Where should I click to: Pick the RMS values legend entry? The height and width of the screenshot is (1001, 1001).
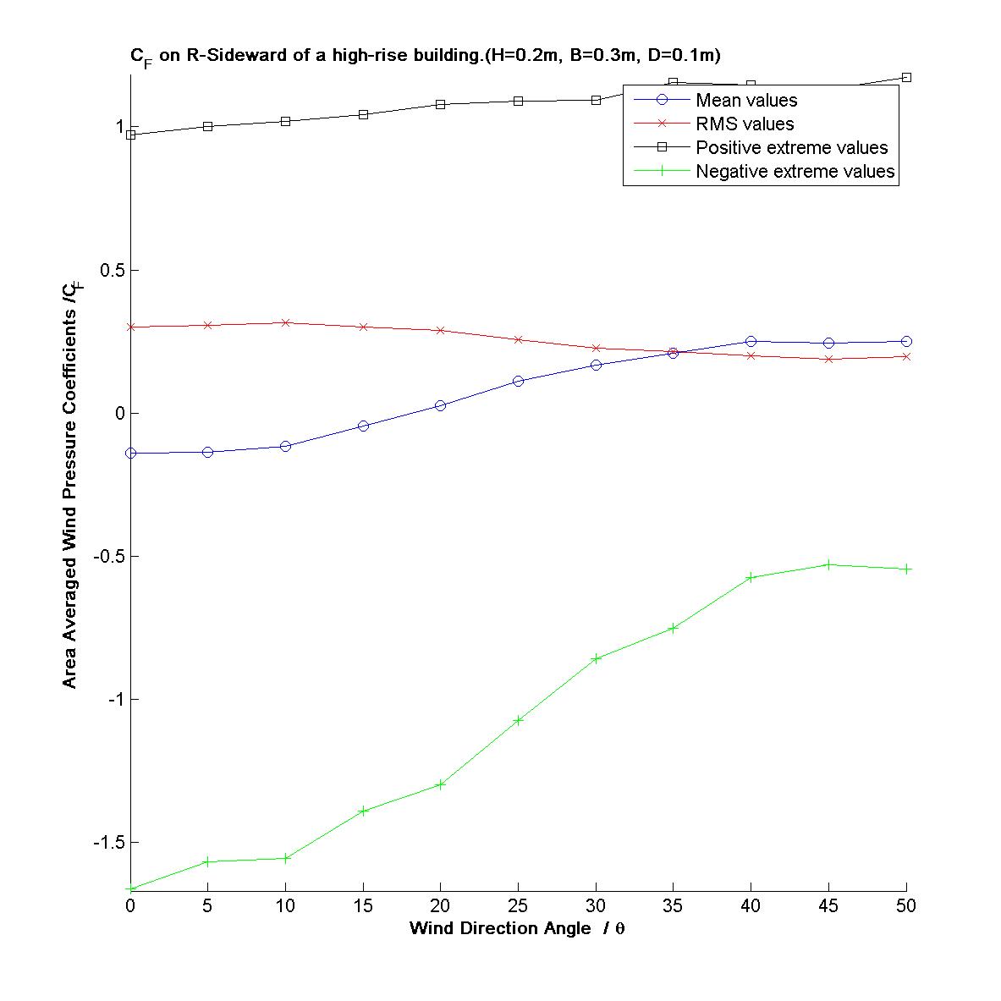click(745, 124)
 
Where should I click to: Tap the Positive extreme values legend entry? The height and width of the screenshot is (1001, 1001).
click(791, 148)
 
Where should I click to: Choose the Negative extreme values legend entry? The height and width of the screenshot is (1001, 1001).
click(795, 172)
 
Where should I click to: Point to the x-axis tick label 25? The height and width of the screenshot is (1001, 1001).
click(518, 906)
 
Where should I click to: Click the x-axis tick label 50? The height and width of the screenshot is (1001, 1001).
click(905, 906)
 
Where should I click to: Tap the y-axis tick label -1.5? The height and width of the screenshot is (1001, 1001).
click(108, 843)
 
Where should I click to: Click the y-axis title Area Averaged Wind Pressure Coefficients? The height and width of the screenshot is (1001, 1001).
click(72, 474)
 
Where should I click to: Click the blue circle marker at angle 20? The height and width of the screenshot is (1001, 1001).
click(441, 405)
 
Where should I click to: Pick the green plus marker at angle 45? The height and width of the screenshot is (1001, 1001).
click(828, 564)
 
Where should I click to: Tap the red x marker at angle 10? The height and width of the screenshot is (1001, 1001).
click(286, 322)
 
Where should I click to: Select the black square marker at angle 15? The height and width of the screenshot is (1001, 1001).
click(363, 114)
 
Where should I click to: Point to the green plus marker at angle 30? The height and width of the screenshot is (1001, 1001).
click(596, 658)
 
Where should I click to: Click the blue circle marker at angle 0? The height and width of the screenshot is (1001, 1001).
click(130, 453)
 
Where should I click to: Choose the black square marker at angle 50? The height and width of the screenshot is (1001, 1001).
click(906, 78)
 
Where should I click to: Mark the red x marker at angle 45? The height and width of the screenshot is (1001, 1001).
click(828, 359)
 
